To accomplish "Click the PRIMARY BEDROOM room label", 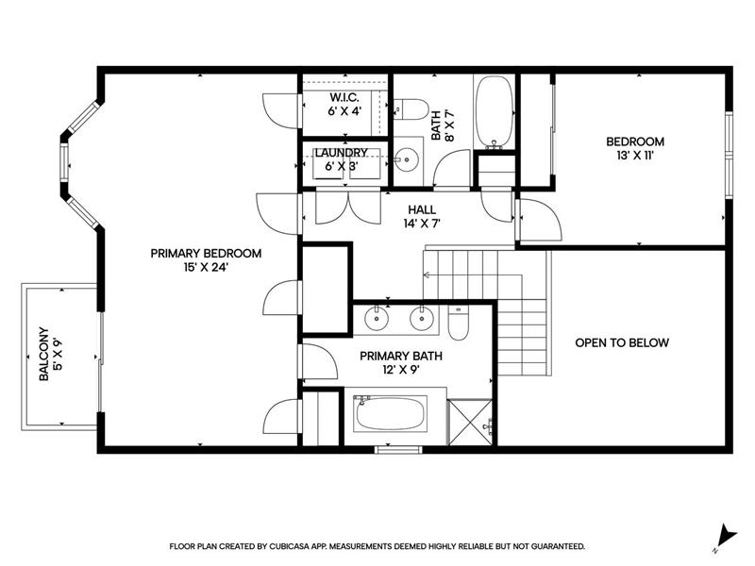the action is [x=206, y=253].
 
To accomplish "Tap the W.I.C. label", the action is [x=344, y=97].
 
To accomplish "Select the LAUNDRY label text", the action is [x=342, y=153].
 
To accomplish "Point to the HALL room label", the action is [x=422, y=209].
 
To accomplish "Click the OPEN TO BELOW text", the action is [x=622, y=342].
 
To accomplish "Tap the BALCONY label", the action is [x=43, y=354].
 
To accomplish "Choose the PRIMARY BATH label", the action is [x=401, y=357].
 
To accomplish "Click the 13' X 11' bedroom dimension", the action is [x=635, y=156].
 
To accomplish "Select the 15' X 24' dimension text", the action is [x=206, y=267].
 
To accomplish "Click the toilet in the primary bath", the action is [x=458, y=323].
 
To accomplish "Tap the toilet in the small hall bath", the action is [x=411, y=109].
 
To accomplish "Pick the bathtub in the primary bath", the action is [x=391, y=414].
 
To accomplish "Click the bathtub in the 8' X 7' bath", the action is [x=494, y=111].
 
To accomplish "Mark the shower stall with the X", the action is [x=470, y=422].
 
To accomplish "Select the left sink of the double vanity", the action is [x=376, y=318].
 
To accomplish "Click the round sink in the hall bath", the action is [x=407, y=159].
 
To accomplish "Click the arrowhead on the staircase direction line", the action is [x=427, y=275].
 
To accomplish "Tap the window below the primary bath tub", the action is [x=398, y=450].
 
